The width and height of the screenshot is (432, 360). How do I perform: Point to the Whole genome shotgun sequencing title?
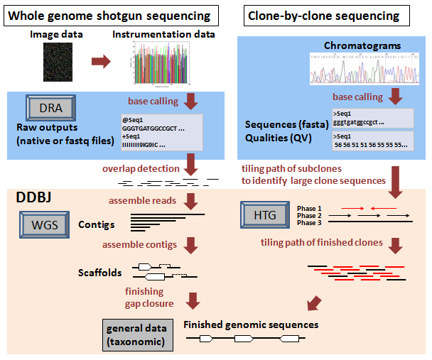[109, 15]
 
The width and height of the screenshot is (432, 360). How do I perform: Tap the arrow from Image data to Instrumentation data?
[100, 62]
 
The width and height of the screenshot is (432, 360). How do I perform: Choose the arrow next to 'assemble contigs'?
[190, 246]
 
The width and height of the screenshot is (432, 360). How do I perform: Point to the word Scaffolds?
[99, 272]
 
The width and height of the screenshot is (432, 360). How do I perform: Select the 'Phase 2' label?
[310, 214]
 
